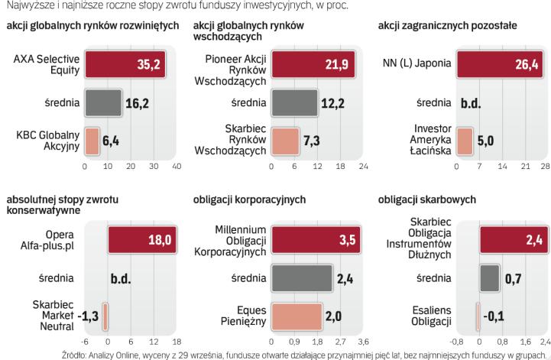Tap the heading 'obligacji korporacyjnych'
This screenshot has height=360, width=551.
pos(249,199)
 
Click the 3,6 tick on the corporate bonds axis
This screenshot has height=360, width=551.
pos(363,342)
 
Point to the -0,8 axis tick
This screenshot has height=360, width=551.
pos(456,342)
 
